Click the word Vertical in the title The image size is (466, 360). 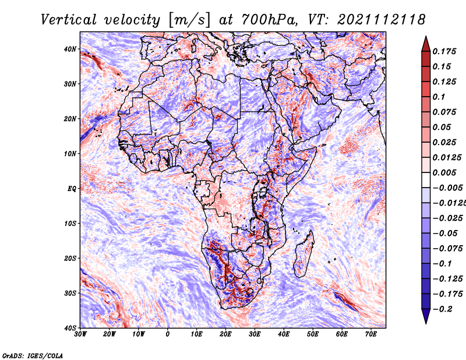69,20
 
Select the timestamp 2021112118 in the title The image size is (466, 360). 382,20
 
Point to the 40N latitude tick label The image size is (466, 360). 70,49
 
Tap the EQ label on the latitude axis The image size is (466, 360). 72,189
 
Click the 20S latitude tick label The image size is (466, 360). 70,258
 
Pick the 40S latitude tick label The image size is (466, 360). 70,328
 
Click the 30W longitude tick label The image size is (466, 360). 80,334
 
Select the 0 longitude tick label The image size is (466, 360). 168,334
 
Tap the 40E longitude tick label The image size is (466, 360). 284,334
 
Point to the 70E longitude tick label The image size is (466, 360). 371,334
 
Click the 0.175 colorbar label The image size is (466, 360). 444,51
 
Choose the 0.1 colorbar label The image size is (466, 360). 439,97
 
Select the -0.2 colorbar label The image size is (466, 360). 442,309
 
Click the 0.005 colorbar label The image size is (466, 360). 444,172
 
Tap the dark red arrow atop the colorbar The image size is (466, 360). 426,44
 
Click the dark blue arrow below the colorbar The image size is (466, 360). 426,316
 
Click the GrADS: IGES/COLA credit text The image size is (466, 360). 33,355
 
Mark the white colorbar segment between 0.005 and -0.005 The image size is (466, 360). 426,180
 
